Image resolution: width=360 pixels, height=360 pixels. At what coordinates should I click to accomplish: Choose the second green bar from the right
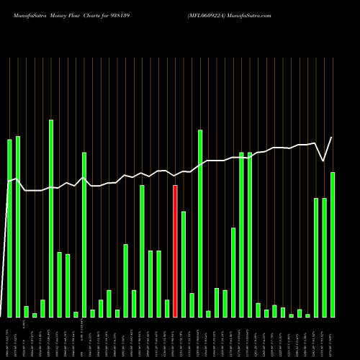coord(324,257)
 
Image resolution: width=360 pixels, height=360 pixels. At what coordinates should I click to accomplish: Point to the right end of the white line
coord(332,138)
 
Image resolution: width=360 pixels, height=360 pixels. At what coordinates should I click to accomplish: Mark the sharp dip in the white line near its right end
coord(323,161)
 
